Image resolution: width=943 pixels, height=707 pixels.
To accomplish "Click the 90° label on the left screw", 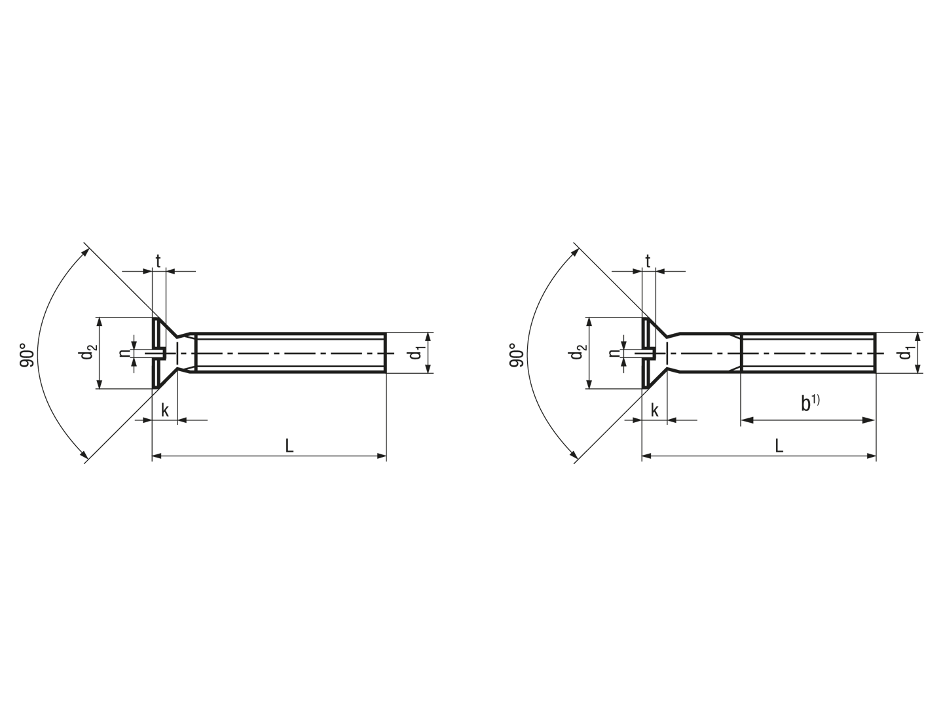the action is tap(27, 355).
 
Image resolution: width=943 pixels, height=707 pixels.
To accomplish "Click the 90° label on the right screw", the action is tap(517, 355).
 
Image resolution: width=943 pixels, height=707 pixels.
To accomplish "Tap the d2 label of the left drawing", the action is tap(86, 352).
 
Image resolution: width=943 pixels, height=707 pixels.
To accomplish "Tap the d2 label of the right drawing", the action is tap(576, 352).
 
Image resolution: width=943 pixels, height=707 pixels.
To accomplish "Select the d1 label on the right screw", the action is tap(906, 353).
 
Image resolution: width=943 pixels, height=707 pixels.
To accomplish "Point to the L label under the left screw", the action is tap(289, 446).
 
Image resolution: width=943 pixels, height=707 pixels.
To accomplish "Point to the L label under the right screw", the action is tap(779, 446).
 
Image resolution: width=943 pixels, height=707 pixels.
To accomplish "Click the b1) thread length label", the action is tap(810, 403).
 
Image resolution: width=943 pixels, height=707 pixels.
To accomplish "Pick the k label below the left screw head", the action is tap(165, 410).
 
